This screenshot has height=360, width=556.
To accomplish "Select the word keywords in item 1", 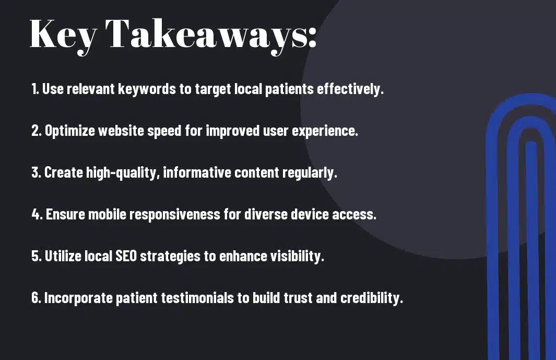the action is coord(147,89).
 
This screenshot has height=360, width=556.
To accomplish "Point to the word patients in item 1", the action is coord(289,89).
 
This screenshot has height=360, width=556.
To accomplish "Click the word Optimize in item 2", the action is coord(70,131).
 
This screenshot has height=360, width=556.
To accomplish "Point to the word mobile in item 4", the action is coord(107,214).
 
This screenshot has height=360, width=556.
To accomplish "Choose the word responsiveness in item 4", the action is coord(175,214).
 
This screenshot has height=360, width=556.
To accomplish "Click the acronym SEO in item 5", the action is coord(126,256).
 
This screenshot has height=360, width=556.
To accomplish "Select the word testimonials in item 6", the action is coord(197,297).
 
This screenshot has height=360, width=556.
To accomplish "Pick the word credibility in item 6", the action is coord(372,298).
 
